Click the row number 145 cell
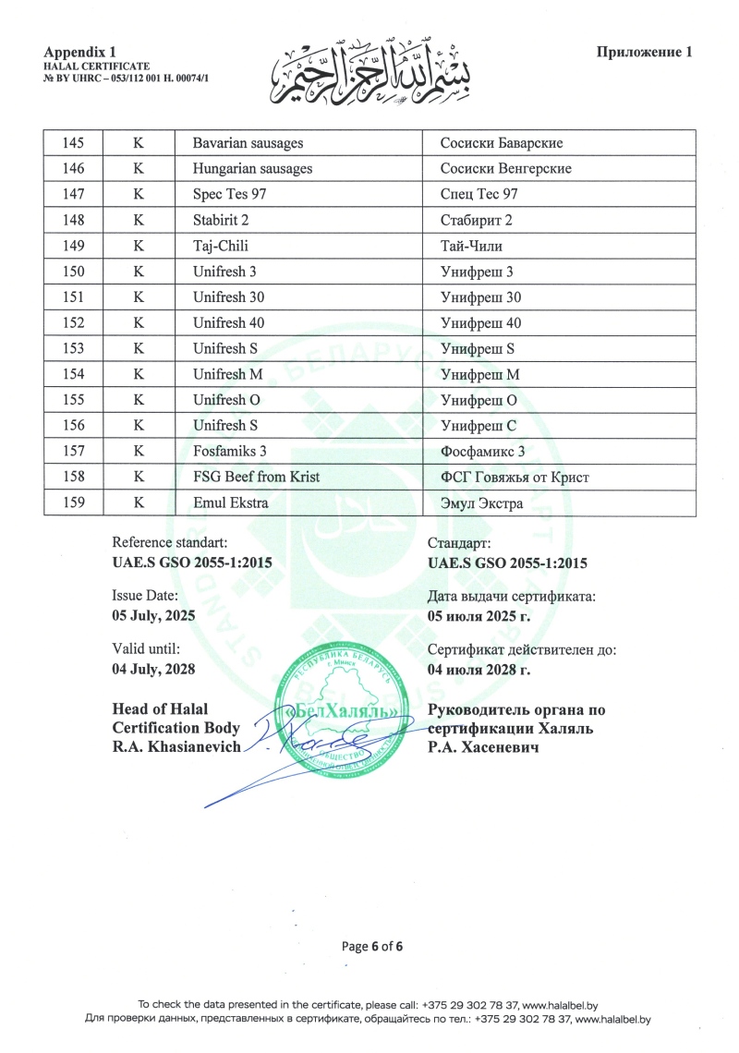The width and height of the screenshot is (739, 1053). click(71, 143)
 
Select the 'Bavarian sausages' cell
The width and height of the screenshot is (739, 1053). click(248, 143)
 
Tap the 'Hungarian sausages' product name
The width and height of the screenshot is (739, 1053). click(252, 169)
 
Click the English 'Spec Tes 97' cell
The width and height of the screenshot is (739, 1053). click(230, 195)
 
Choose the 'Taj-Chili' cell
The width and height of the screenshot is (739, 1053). click(221, 247)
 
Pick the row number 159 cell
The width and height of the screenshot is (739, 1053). click(71, 503)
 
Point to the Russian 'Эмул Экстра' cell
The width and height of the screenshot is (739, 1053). click(482, 503)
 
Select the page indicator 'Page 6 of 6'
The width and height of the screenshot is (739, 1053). click(372, 946)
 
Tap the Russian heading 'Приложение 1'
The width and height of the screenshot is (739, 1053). click(644, 52)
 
